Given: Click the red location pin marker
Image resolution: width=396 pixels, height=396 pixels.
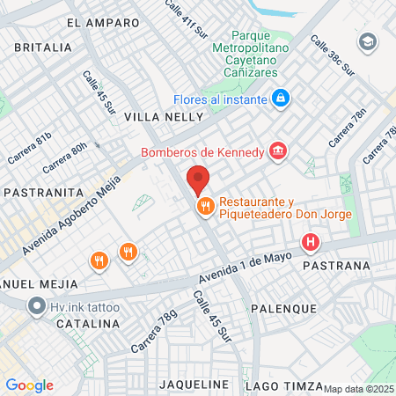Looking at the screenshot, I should (x=198, y=179).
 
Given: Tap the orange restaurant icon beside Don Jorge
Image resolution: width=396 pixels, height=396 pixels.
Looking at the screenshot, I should (x=204, y=207).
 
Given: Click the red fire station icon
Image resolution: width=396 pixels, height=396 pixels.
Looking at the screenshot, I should (x=278, y=152).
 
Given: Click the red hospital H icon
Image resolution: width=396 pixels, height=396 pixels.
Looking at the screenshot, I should (x=310, y=241).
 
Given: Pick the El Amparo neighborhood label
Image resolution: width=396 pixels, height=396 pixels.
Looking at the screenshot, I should (x=102, y=22).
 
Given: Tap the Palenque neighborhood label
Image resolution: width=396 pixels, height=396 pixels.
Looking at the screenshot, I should (x=283, y=309).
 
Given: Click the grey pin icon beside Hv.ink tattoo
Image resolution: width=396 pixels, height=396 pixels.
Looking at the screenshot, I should (x=37, y=306).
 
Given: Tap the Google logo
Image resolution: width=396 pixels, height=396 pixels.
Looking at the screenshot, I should (x=30, y=385).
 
